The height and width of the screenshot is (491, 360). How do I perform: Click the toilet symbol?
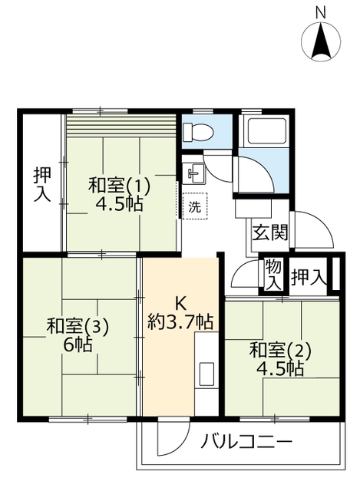click(198, 131)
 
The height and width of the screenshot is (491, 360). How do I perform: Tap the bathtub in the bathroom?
click(266, 132)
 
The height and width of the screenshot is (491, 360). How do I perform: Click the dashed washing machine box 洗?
click(194, 206)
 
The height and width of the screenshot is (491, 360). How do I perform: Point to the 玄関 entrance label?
click(269, 232)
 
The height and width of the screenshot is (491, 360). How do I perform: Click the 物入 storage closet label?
click(273, 275)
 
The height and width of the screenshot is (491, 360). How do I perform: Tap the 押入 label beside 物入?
click(309, 278)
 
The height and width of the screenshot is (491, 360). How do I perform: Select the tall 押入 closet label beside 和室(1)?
click(42, 185)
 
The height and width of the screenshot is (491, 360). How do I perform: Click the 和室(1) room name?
click(120, 185)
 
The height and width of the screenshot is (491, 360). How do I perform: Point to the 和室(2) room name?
click(280, 351)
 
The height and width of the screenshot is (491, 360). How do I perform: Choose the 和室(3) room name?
click(78, 326)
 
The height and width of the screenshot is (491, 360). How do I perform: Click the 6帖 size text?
click(78, 345)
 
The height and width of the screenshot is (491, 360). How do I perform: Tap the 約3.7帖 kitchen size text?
click(180, 321)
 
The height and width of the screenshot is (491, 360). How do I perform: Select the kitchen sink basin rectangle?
click(206, 374)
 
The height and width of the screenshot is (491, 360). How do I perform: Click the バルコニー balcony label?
click(246, 442)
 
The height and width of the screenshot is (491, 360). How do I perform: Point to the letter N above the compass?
click(321, 13)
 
